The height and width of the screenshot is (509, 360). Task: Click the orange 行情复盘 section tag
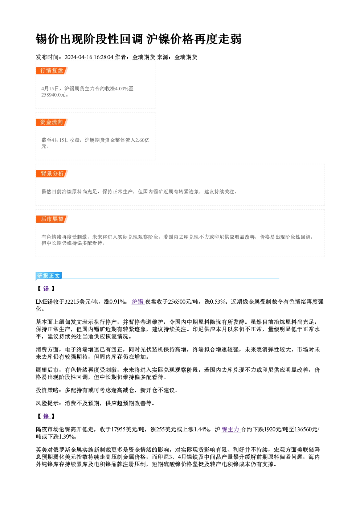pyautogui.click(x=52, y=71)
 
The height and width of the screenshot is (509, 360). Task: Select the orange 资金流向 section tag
pyautogui.click(x=52, y=122)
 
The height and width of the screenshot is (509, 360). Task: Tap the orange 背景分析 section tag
pyautogui.click(x=52, y=174)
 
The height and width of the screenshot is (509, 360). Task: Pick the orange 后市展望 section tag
pyautogui.click(x=52, y=219)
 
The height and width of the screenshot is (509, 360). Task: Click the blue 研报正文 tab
pyautogui.click(x=49, y=276)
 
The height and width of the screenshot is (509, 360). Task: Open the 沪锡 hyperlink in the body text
pyautogui.click(x=138, y=302)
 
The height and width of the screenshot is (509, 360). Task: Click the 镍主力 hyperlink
pyautogui.click(x=231, y=430)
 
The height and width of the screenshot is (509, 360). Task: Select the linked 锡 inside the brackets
pyautogui.click(x=46, y=289)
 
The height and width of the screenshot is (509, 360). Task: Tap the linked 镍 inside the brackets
pyautogui.click(x=46, y=416)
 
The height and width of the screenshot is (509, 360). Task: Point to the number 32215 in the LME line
pyautogui.click(x=71, y=302)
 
